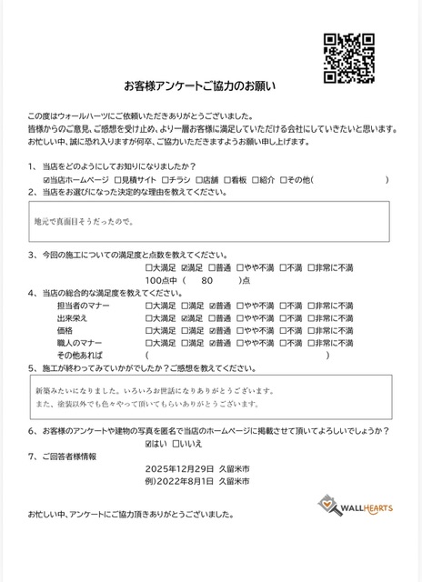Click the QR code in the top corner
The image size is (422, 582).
click(x=349, y=57)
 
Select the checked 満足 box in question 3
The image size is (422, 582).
click(x=186, y=268)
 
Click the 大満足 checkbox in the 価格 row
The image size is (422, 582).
click(x=149, y=331)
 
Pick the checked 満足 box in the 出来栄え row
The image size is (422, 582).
click(x=186, y=318)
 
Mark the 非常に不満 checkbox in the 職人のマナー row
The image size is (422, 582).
click(x=312, y=343)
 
